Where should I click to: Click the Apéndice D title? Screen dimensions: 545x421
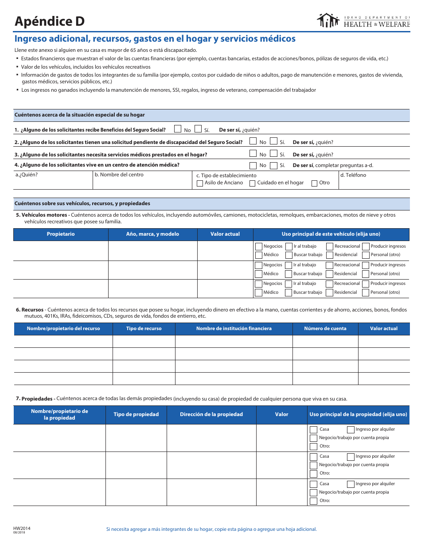pyautogui.click(x=49, y=21)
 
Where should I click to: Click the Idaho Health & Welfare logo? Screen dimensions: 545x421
pyautogui.click(x=363, y=20)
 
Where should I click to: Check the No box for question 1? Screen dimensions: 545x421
pyautogui.click(x=178, y=129)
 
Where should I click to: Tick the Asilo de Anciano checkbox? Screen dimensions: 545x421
pyautogui.click(x=200, y=183)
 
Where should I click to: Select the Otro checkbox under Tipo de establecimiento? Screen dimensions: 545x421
pyautogui.click(x=314, y=183)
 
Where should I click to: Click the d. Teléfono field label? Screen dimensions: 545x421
pyautogui.click(x=353, y=175)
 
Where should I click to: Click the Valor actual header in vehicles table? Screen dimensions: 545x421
pyautogui.click(x=225, y=234)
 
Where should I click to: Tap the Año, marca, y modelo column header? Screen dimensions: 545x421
pyautogui.click(x=152, y=234)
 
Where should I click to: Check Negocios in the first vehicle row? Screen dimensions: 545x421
pyautogui.click(x=259, y=246)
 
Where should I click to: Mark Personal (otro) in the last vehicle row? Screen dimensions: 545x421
pyautogui.click(x=366, y=292)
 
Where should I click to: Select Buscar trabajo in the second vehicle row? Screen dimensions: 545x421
pyautogui.click(x=288, y=274)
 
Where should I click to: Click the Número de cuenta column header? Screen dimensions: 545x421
pyautogui.click(x=325, y=328)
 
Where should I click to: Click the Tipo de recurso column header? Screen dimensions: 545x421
pyautogui.click(x=144, y=328)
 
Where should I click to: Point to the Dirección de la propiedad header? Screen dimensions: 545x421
pyautogui.click(x=211, y=414)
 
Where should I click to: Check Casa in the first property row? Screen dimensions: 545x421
pyautogui.click(x=313, y=429)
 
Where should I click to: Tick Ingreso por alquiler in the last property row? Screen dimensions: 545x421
pyautogui.click(x=351, y=484)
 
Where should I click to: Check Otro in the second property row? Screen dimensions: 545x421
pyautogui.click(x=313, y=473)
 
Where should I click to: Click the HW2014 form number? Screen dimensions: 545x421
pyautogui.click(x=22, y=528)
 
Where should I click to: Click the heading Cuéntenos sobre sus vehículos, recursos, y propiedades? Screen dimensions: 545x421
pyautogui.click(x=82, y=203)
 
